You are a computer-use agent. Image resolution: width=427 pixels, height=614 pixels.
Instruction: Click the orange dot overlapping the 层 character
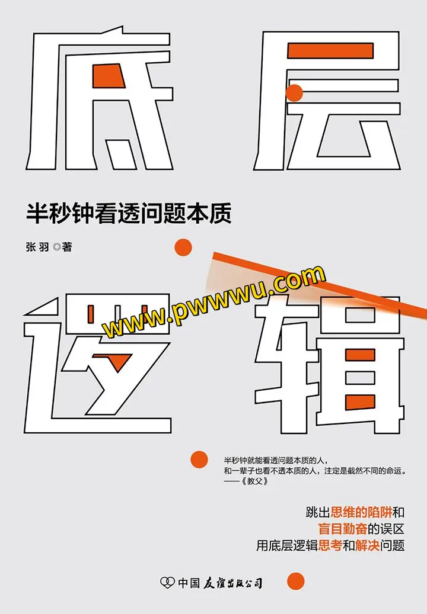coord(295,93)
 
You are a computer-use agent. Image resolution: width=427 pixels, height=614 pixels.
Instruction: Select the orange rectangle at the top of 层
coord(330,51)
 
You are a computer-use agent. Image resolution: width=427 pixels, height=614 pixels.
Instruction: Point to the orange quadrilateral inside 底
coord(108,76)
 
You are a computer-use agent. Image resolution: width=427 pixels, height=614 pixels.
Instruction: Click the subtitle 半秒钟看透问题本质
coord(129,213)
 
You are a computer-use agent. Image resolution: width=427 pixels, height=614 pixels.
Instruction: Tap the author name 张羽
coord(37,247)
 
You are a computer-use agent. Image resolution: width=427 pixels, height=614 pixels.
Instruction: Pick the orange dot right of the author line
coord(183,247)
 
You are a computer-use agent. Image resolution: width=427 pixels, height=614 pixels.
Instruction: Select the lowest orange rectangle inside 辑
coord(360,402)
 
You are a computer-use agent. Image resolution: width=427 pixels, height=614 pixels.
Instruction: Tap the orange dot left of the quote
coord(199,459)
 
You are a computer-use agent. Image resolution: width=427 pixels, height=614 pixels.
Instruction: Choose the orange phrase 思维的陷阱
coord(361,512)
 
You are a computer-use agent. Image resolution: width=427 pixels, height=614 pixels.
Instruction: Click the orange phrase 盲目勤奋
coord(342,529)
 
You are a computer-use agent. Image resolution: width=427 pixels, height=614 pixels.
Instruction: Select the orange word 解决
coord(367,545)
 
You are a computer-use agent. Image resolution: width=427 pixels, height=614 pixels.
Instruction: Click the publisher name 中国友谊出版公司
coord(220,583)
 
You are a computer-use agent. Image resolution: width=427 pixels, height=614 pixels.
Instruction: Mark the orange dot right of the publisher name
coord(296,581)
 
